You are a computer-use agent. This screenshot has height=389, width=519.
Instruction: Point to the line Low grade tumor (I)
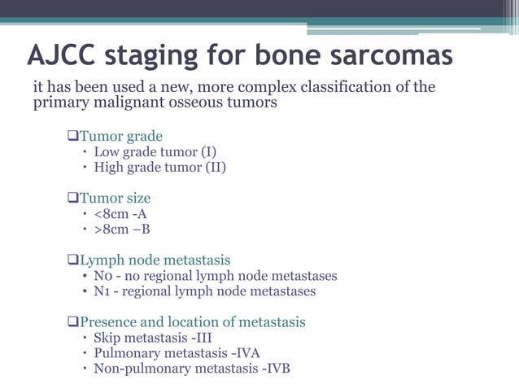pos(155,151)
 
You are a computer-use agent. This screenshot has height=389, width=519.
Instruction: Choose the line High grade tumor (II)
pos(159,168)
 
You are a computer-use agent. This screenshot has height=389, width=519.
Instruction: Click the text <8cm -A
pos(120,214)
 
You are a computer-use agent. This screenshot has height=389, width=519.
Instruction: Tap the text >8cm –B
pos(121,229)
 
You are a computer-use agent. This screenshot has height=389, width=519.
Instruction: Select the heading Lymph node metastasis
pos(155,260)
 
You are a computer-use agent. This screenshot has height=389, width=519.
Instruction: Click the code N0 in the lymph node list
pos(103,276)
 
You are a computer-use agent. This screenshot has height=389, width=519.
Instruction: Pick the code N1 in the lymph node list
pos(102,291)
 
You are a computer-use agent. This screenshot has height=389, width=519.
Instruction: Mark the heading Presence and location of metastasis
pos(192,322)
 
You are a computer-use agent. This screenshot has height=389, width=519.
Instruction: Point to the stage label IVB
pos(275,369)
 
